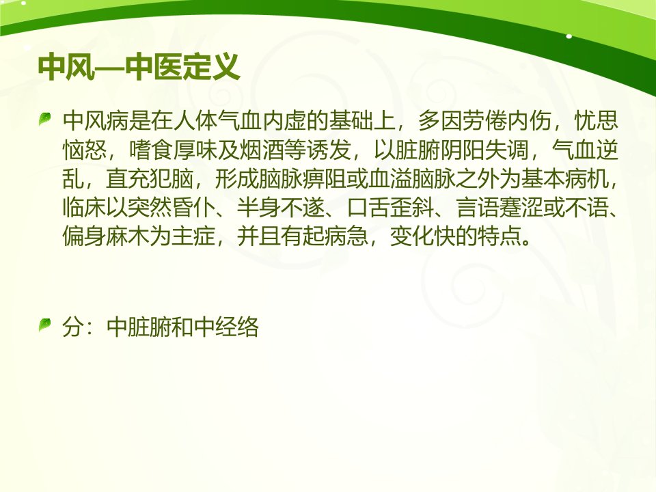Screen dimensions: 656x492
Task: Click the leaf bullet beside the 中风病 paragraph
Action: click(45, 119)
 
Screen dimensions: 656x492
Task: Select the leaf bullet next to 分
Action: click(45, 325)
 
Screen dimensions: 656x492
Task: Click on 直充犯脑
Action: click(150, 179)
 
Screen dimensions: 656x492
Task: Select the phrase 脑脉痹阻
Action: click(303, 179)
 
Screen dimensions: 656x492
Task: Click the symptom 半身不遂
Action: click(281, 208)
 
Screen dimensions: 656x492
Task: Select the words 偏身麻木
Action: click(107, 237)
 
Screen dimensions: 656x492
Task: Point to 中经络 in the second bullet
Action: click(226, 327)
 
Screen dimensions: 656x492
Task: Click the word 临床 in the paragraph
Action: click(85, 208)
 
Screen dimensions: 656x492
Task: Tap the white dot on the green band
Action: click(569, 36)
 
